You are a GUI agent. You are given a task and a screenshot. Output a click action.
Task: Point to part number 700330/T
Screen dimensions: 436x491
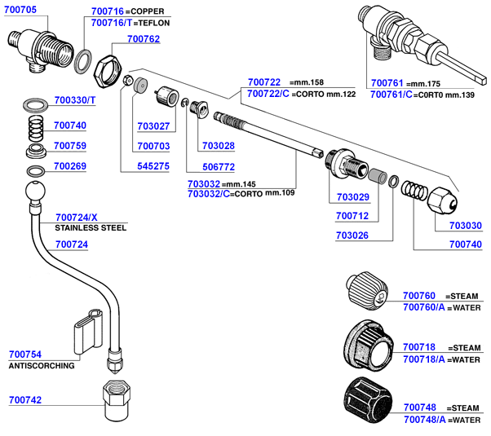(x=75, y=100)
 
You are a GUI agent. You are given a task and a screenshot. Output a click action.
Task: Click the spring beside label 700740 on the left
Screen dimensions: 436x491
(x=33, y=128)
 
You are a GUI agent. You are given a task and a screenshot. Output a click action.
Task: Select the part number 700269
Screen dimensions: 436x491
(x=69, y=165)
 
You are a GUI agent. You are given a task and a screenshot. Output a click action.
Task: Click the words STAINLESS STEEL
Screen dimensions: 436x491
(x=91, y=228)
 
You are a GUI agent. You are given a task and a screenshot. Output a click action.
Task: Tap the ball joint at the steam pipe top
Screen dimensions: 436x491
(x=35, y=195)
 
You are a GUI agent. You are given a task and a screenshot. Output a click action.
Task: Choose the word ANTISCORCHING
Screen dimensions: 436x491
(x=42, y=366)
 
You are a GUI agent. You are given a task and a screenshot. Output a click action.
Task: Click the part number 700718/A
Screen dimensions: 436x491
(x=424, y=359)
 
